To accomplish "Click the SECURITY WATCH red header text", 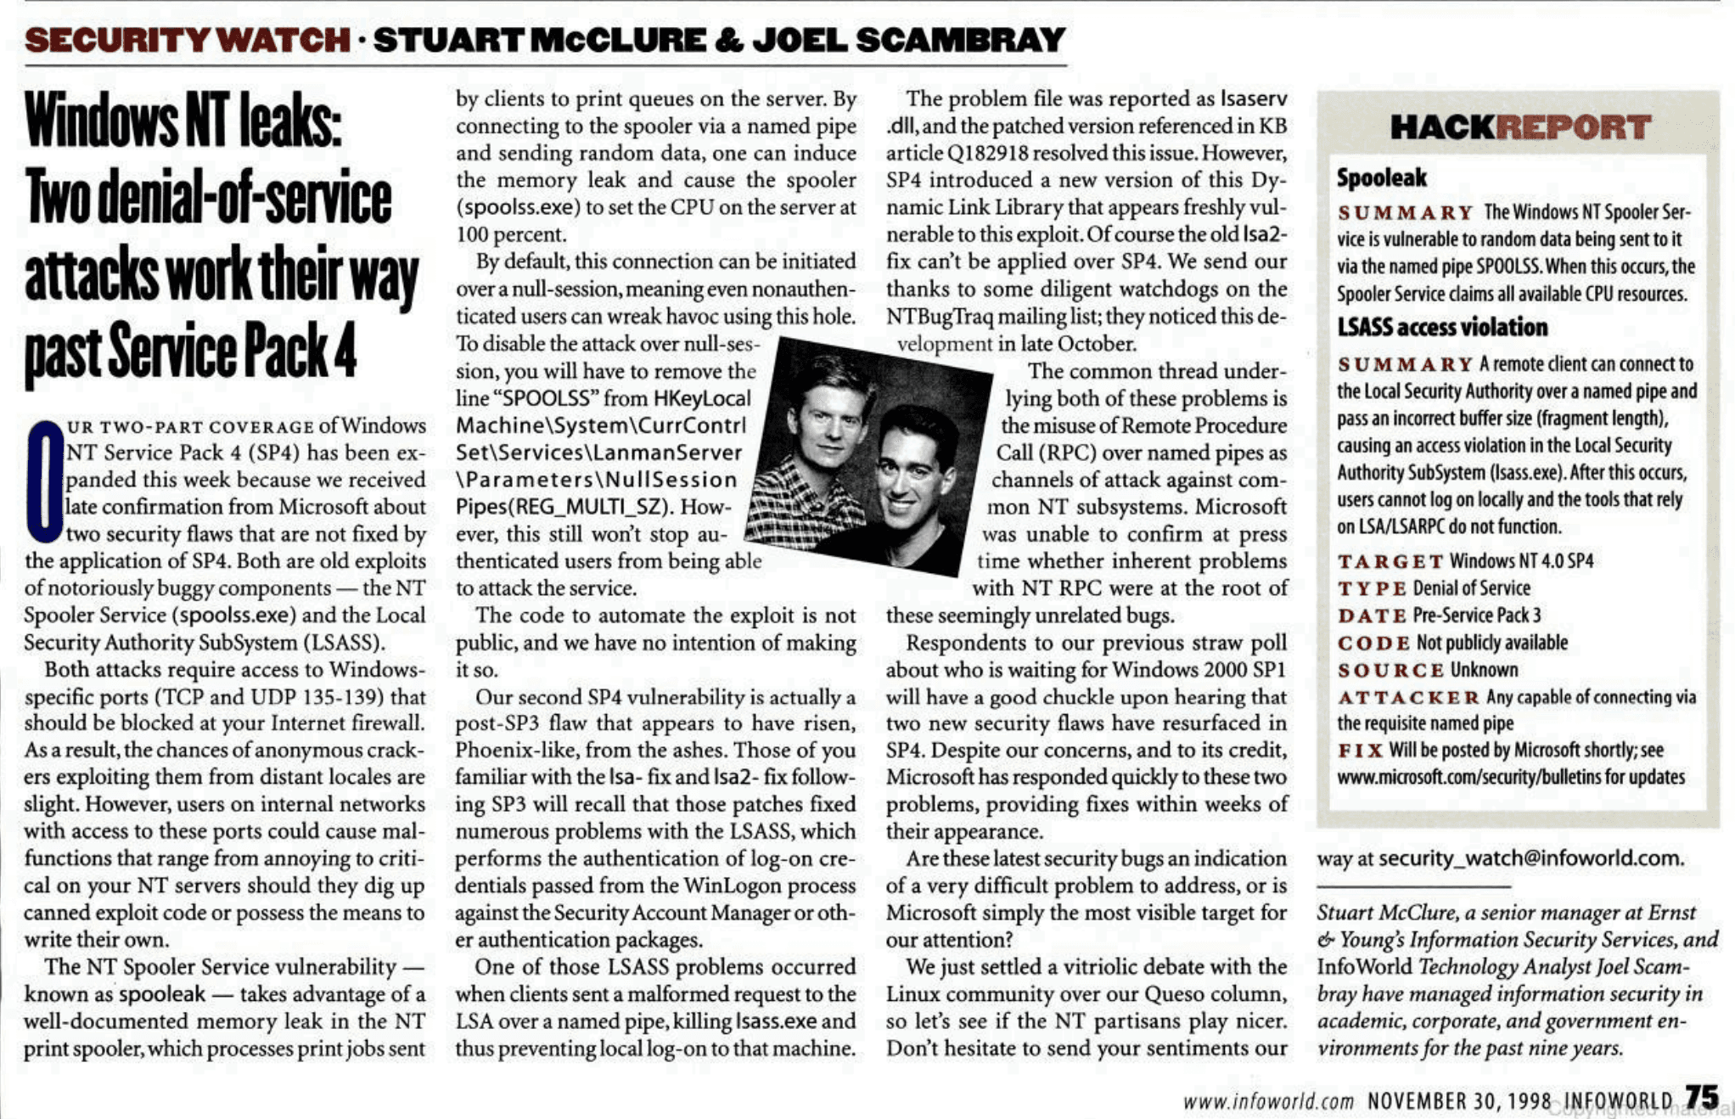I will coord(187,40).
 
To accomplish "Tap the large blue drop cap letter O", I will coord(44,481).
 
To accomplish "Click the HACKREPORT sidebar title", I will coord(1519,128).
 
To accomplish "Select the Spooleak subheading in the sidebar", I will coord(1381,178).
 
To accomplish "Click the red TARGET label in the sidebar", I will coord(1390,562).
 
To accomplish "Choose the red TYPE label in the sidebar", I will coord(1372,589).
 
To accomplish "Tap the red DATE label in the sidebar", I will coord(1373,616).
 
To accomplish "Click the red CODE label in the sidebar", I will coord(1373,644).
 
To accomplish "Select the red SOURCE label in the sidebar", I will coord(1390,671).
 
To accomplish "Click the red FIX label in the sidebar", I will coord(1360,751).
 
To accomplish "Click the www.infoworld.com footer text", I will coord(1268,1102).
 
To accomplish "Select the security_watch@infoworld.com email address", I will coord(1530,858).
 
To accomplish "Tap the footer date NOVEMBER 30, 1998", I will coord(1459,1102).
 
